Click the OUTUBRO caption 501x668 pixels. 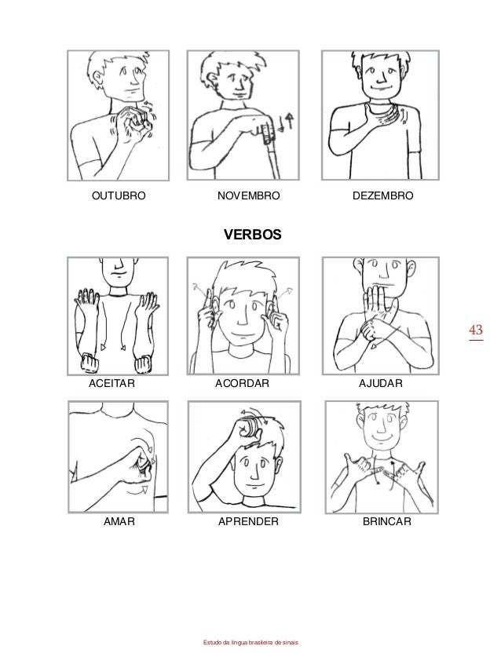pos(119,195)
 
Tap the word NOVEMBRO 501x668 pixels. pos(248,195)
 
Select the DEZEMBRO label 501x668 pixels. pos(382,195)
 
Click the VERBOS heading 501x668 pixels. pos(253,235)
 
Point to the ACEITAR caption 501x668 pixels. pos(112,383)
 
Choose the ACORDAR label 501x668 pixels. pos(242,383)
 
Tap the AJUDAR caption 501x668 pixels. pos(380,383)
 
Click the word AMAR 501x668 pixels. pos(119,521)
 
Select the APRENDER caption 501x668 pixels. pos(248,521)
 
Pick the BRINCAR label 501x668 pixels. pos(387,521)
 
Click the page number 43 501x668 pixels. pos(476,330)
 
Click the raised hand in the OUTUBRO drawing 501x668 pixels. pos(133,122)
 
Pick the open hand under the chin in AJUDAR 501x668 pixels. pos(377,304)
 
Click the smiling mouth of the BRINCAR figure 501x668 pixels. pos(382,439)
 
